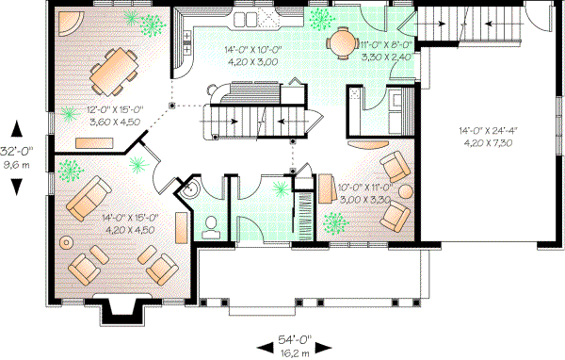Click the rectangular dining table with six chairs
pyautogui.click(x=110, y=67)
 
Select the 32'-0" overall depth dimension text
pyautogui.click(x=16, y=155)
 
